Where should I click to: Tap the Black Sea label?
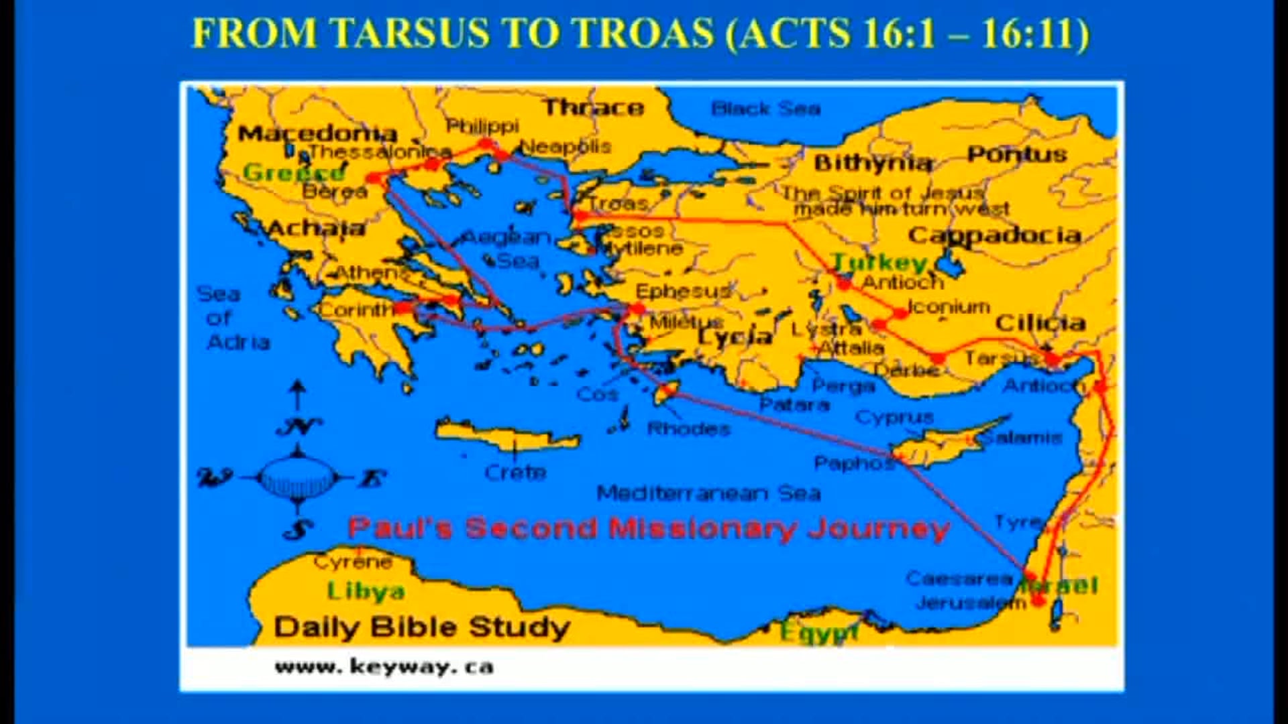[765, 109]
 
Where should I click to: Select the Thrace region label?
[593, 107]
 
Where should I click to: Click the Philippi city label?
[482, 126]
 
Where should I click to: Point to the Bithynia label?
[873, 163]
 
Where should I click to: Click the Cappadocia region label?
[994, 236]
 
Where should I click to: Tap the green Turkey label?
[879, 262]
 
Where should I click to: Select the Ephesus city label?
[682, 292]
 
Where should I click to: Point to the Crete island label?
[515, 473]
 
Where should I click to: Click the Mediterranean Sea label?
[708, 494]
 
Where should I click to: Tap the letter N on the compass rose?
[298, 426]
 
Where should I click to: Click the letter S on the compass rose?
[298, 530]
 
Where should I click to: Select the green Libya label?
[366, 591]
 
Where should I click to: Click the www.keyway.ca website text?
[384, 667]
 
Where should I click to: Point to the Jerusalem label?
[970, 603]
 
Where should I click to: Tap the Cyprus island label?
[894, 418]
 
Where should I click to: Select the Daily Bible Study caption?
[421, 627]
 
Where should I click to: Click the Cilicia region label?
[1040, 323]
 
